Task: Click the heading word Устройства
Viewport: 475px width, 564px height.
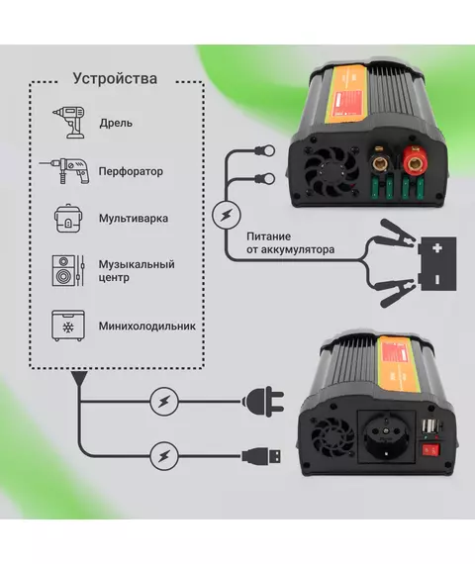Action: coord(115,79)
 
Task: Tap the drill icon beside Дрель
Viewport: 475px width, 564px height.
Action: coord(69,123)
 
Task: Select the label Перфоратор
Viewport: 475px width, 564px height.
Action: coord(131,171)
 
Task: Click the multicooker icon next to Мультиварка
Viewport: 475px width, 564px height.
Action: coord(68,219)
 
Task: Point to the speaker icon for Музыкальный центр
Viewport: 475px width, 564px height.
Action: coord(68,270)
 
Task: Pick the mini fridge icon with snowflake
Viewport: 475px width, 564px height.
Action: coord(68,326)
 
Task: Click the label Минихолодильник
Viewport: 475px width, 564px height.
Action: coord(147,327)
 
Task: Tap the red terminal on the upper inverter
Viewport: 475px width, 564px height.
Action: coord(415,159)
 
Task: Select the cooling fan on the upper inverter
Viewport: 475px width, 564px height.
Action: coord(332,171)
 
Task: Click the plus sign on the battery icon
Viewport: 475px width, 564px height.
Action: coord(437,247)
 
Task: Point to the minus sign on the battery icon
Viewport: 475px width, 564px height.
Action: coord(437,279)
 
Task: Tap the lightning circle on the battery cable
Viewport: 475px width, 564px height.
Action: coord(226,215)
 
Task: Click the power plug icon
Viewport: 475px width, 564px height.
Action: coord(263,402)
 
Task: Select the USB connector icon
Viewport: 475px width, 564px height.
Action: coord(261,457)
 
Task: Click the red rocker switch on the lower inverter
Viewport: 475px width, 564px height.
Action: coord(430,449)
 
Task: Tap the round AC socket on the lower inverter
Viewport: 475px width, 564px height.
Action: coord(387,436)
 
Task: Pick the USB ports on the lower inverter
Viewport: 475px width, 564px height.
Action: coord(429,426)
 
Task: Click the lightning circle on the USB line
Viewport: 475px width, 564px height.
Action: coord(164,456)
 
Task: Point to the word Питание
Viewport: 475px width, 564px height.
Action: coord(268,236)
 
